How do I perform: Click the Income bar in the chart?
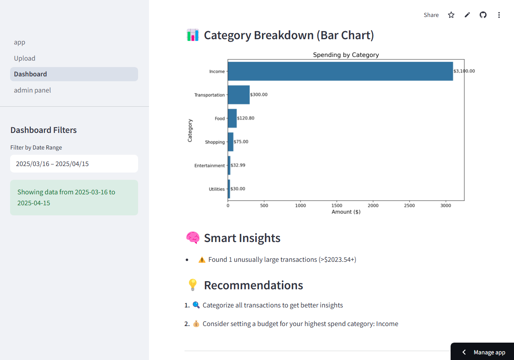(x=340, y=71)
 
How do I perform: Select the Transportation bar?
(x=239, y=95)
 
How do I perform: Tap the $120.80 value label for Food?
(x=245, y=118)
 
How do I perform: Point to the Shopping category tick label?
(x=214, y=142)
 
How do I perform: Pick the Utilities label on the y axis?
(x=216, y=189)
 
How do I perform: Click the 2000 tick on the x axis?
(x=373, y=205)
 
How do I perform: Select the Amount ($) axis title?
(x=346, y=212)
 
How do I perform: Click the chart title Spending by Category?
(x=346, y=55)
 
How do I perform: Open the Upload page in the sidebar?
(x=25, y=58)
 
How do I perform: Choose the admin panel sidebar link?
(x=32, y=90)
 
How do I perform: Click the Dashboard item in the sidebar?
(x=30, y=74)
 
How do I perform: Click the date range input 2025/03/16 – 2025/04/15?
(x=74, y=164)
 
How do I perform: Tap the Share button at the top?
(x=431, y=15)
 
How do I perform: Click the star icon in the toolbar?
(x=451, y=15)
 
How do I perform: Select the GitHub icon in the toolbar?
(x=483, y=15)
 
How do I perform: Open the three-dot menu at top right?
(x=499, y=15)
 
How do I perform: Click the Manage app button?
(x=483, y=352)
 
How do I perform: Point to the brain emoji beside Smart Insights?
(x=193, y=238)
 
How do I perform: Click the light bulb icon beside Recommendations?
(x=193, y=285)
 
